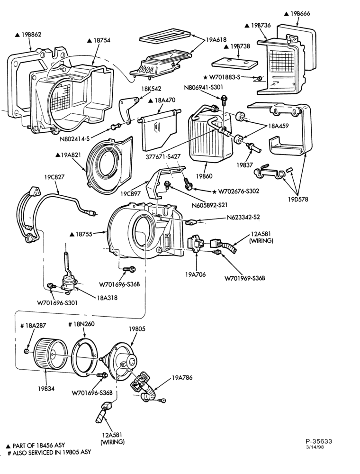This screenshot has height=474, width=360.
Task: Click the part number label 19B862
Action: [x=31, y=35]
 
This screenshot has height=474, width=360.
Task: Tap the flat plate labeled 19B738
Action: [x=235, y=63]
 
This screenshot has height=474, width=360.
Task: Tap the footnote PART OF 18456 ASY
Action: [x=39, y=445]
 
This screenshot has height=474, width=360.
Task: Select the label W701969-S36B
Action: [x=244, y=278]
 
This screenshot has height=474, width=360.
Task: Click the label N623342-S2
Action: [x=243, y=217]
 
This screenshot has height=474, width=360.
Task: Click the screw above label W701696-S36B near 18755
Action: [x=129, y=268]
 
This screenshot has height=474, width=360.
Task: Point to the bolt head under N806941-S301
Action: [x=224, y=98]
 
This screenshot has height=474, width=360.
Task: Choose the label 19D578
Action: [x=297, y=199]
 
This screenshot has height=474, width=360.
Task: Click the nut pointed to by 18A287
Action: [x=27, y=351]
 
